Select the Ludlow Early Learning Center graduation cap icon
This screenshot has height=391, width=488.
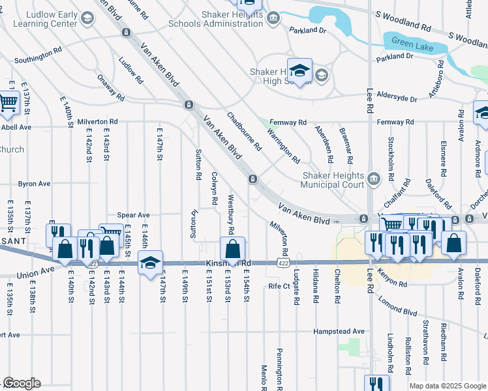(x=87, y=18)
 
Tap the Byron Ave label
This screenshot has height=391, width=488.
(x=34, y=184)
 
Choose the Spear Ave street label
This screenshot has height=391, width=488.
(x=133, y=214)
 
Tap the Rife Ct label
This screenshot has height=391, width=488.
(x=279, y=285)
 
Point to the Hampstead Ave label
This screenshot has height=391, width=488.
(x=339, y=331)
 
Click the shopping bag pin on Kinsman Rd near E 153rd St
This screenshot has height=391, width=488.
(x=232, y=248)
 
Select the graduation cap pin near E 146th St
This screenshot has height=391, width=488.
(x=150, y=263)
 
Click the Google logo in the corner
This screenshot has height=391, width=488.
(x=22, y=383)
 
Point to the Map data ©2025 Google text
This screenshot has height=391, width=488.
(x=447, y=386)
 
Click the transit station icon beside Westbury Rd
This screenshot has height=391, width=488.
(x=252, y=179)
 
